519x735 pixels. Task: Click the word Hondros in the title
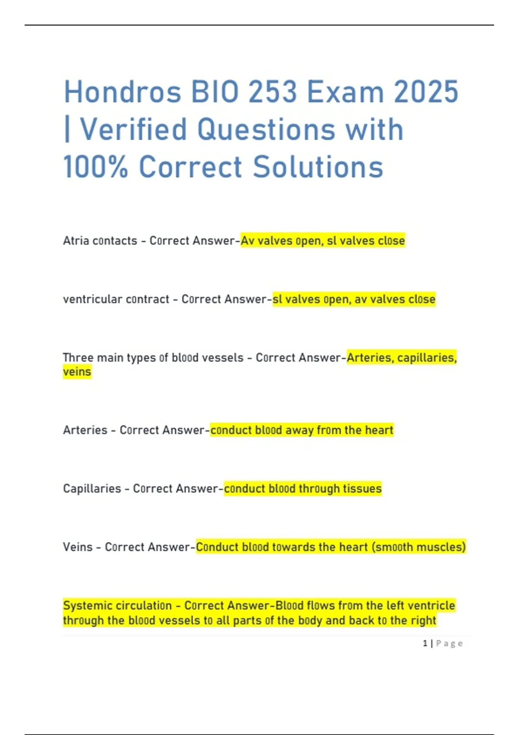click(122, 92)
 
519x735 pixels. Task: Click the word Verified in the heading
click(134, 130)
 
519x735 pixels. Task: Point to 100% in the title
click(96, 167)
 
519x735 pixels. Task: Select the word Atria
click(76, 241)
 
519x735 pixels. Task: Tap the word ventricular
click(86, 299)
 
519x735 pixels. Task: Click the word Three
click(78, 358)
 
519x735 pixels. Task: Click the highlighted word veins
click(77, 372)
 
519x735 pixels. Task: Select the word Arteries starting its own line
click(85, 430)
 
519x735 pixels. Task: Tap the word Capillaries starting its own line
click(92, 489)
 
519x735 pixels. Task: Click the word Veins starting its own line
click(78, 547)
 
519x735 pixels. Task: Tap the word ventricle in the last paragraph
click(431, 605)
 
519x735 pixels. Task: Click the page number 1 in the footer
click(425, 643)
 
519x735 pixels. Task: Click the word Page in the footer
click(449, 643)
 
